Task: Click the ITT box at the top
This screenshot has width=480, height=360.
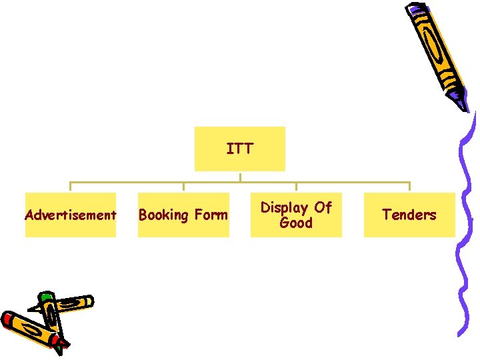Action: click(239, 149)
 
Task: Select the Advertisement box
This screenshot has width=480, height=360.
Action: click(70, 215)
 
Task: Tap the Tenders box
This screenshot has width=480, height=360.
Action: click(409, 215)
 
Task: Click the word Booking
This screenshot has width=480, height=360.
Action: click(163, 215)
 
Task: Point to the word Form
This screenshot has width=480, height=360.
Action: click(211, 215)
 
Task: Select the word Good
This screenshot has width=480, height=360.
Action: click(296, 223)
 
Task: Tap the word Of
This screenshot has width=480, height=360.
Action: click(323, 207)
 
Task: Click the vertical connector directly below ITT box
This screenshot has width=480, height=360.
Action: click(240, 177)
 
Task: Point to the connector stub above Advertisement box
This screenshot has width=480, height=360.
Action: click(71, 187)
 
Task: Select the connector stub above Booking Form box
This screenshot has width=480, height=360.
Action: click(183, 187)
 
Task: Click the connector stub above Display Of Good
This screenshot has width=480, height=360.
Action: click(296, 187)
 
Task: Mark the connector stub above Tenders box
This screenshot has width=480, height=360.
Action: click(409, 187)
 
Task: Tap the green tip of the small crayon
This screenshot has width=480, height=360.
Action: click(45, 296)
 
